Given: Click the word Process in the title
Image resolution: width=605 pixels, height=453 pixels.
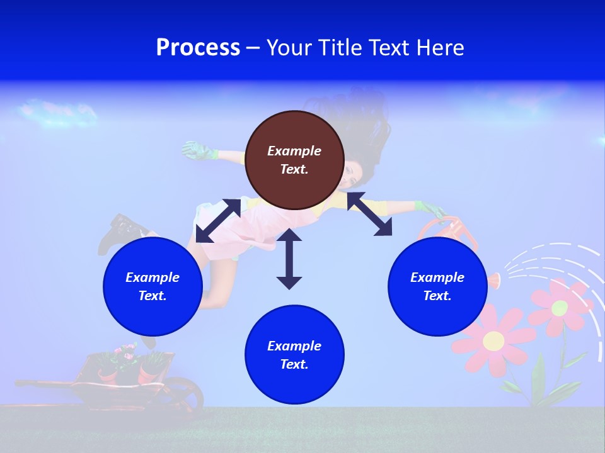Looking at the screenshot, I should [198, 48].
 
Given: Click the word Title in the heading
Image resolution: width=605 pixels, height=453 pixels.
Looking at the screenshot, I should [341, 48].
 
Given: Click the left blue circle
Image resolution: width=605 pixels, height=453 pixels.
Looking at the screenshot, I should [153, 286].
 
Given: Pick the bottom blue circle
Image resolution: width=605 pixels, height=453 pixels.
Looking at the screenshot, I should [294, 355].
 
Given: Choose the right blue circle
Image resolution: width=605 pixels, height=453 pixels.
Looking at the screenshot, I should [437, 286].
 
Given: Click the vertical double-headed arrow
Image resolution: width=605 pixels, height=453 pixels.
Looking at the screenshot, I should [289, 259].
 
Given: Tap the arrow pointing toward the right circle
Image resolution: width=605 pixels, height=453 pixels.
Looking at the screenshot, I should [370, 214].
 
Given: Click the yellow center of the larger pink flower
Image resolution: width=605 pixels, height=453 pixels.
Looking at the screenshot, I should [493, 340].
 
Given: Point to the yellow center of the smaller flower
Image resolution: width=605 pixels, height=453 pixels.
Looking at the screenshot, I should [560, 308].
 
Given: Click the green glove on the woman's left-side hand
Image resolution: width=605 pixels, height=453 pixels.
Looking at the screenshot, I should [198, 150].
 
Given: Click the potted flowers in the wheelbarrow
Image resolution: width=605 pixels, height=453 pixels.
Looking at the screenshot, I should [126, 359].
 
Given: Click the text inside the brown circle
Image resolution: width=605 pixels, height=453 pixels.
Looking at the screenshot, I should [294, 160].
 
